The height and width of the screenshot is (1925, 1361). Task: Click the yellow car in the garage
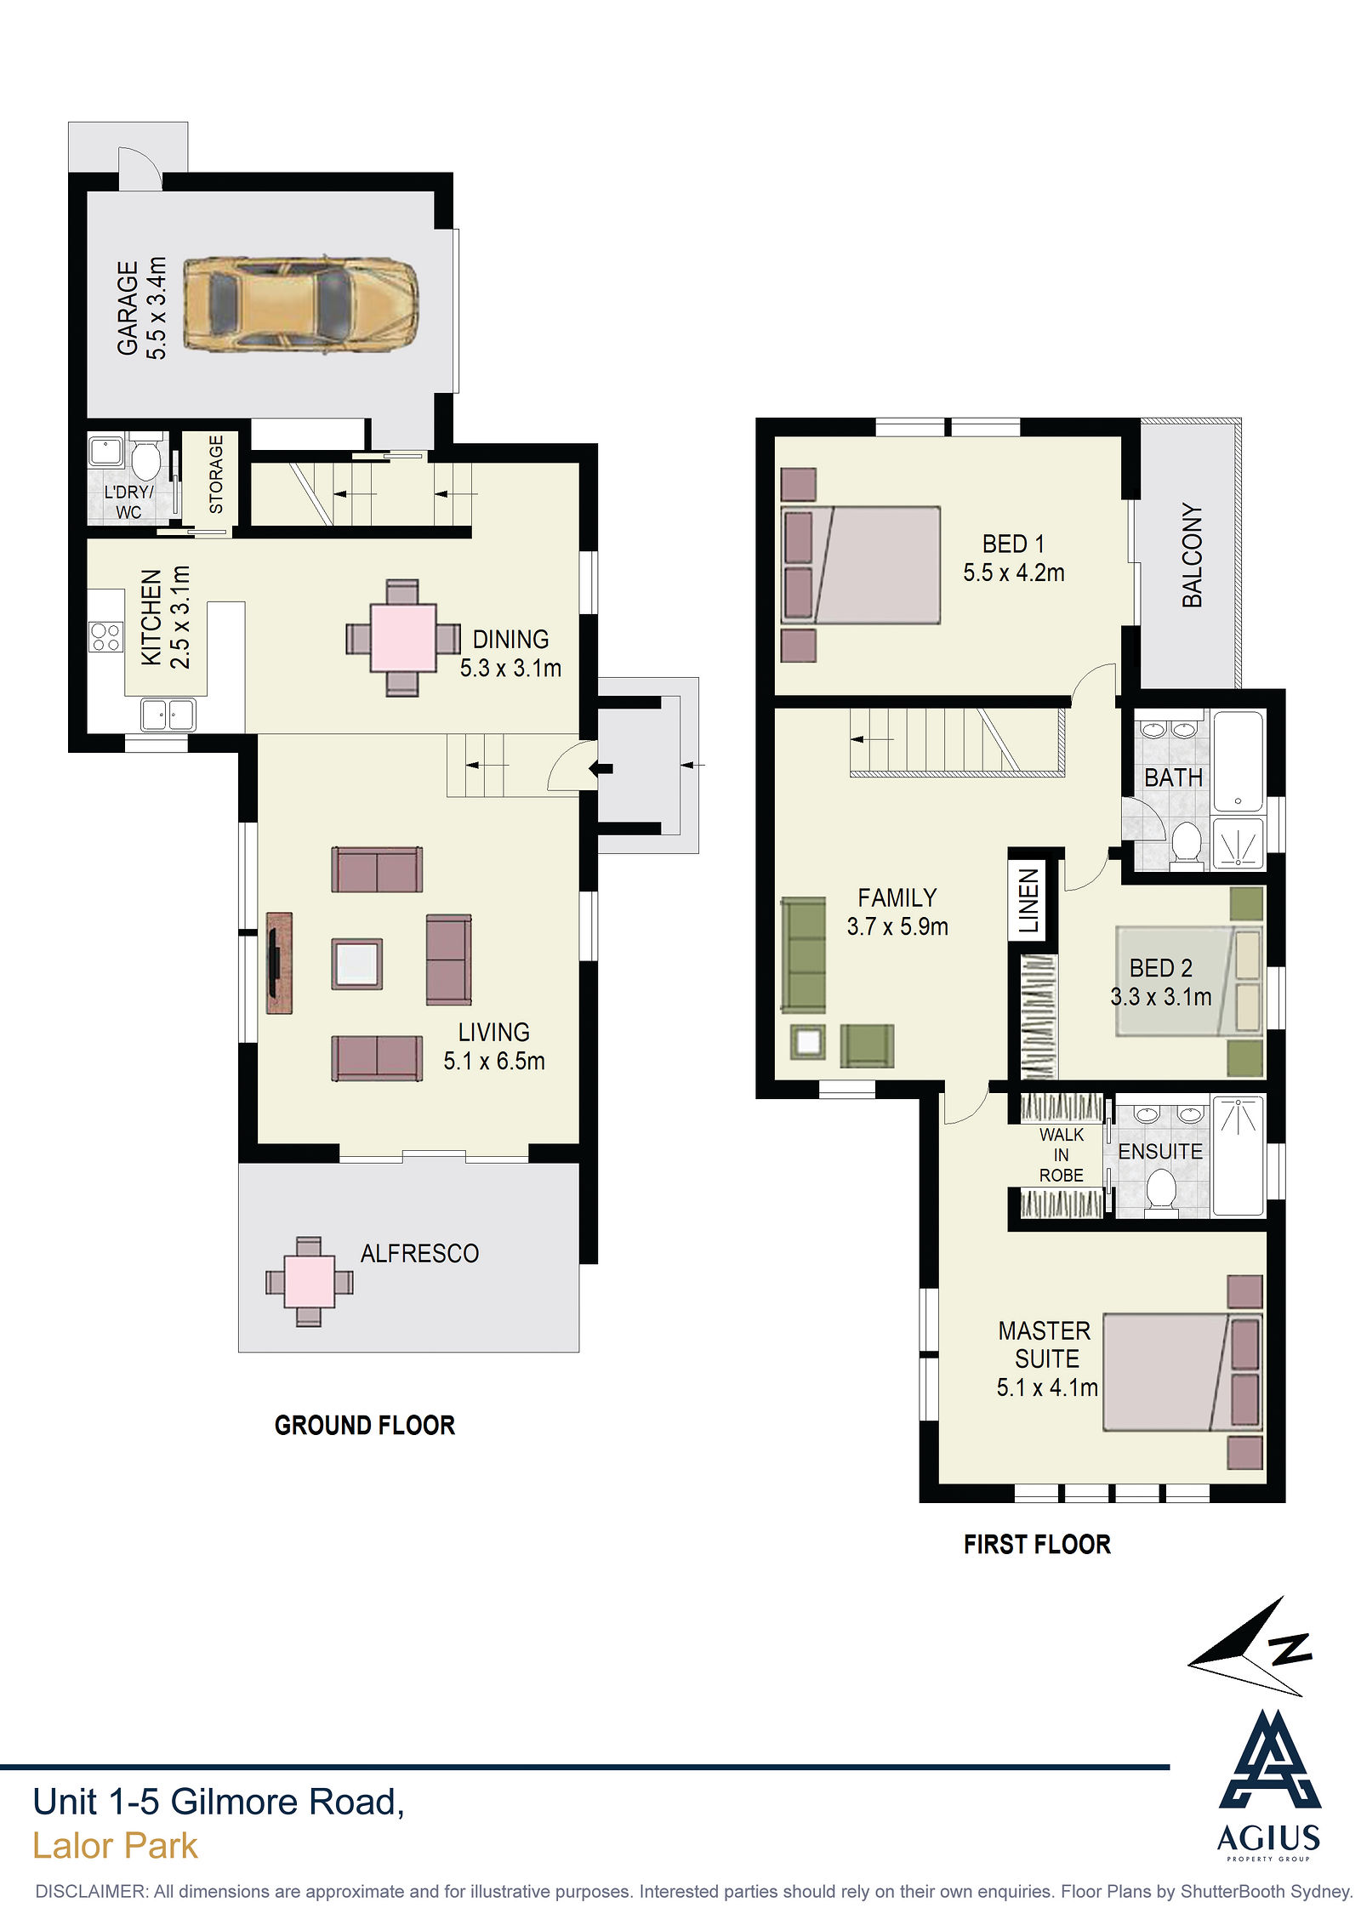301,304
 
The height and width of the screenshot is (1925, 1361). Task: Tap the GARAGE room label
128,307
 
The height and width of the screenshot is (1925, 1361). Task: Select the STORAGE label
216,474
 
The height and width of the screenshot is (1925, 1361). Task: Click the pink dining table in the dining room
403,638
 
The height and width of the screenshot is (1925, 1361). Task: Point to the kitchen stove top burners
105,637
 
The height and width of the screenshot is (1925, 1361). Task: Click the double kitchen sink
168,715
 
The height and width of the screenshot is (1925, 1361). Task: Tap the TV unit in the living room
279,963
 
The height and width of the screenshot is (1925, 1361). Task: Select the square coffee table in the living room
356,964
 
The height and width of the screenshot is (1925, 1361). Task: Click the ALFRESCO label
419,1253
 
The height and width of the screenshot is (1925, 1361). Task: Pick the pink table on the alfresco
309,1282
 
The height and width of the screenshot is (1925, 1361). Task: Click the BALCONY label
1193,555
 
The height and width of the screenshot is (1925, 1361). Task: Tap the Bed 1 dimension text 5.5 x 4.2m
1014,573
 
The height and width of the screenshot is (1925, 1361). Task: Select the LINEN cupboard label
1028,901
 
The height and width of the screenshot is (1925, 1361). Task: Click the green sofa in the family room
803,955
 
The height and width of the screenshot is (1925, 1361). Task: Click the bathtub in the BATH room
1239,761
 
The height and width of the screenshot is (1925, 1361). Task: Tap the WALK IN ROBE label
1062,1154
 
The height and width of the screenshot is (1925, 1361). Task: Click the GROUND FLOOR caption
365,1425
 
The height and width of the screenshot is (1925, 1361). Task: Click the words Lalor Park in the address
115,1846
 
